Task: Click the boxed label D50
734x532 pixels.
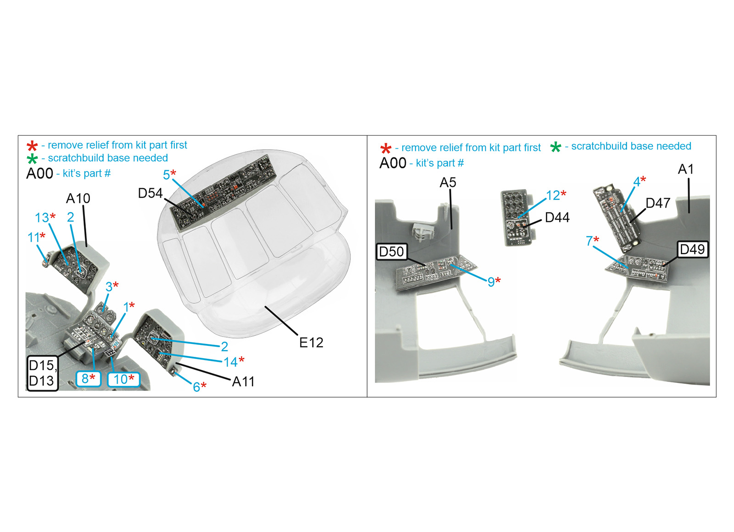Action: [x=392, y=252]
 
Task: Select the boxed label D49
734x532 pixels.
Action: [x=692, y=249]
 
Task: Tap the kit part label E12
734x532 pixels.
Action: [x=311, y=343]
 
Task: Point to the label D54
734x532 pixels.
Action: [x=150, y=193]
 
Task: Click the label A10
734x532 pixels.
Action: [x=78, y=198]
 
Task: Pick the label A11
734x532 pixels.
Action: [x=243, y=382]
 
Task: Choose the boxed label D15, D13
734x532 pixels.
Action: [x=43, y=373]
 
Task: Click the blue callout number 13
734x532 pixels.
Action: [x=42, y=218]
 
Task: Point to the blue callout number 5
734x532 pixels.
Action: [x=167, y=175]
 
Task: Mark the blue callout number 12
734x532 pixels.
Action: [x=553, y=195]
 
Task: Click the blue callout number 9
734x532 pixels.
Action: [x=491, y=282]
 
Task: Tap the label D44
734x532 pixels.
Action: [x=557, y=217]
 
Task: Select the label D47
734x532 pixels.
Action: [x=658, y=203]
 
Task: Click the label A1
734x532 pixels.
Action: [x=686, y=169]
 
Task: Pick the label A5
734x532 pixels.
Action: [x=448, y=183]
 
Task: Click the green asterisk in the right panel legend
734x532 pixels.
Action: [x=556, y=147]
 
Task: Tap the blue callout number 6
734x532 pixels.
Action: [x=197, y=387]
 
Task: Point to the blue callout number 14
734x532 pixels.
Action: [x=231, y=362]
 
